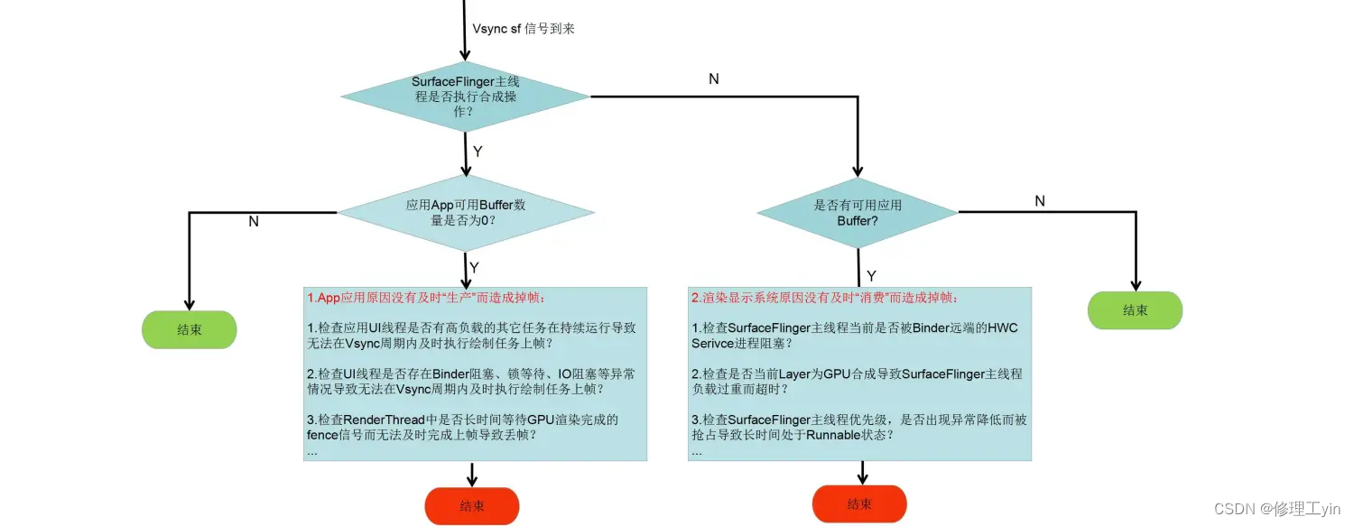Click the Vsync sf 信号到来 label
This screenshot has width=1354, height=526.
click(x=524, y=29)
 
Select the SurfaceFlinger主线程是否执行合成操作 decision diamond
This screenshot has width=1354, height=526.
click(x=466, y=96)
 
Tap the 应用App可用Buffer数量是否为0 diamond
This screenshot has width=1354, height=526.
click(x=466, y=213)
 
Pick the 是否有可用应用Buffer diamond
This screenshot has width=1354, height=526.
click(x=858, y=213)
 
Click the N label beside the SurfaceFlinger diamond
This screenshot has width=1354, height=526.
click(x=714, y=79)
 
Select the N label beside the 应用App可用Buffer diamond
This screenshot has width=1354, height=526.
click(x=254, y=221)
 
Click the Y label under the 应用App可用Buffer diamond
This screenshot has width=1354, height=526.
click(x=474, y=268)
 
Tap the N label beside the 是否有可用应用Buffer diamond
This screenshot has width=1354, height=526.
click(x=1040, y=201)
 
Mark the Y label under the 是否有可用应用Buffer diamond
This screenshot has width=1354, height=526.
click(x=871, y=275)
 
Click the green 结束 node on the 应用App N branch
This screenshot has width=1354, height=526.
click(x=190, y=330)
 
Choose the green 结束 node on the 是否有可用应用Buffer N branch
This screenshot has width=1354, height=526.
click(x=1136, y=310)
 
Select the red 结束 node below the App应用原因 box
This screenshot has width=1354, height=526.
click(x=472, y=506)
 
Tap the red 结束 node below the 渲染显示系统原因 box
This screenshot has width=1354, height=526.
click(x=859, y=504)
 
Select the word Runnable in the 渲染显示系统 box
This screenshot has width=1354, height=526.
click(x=837, y=435)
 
